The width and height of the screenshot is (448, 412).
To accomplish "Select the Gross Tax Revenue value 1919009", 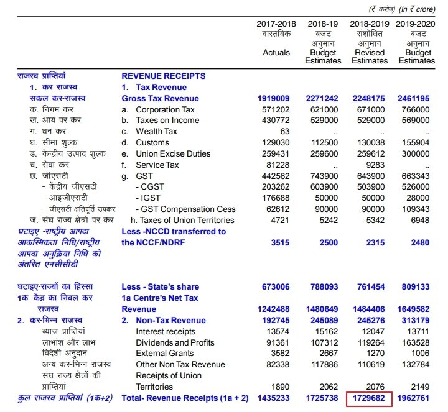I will click(x=274, y=99).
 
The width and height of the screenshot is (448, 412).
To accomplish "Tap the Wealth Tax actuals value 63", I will click(x=285, y=132).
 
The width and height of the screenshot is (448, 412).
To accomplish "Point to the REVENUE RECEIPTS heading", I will click(x=163, y=76).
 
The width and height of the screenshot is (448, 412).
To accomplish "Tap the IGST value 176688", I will click(x=275, y=198).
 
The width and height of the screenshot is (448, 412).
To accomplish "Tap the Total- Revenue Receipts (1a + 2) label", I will click(x=185, y=396).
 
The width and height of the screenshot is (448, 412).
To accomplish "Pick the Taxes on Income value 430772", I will click(x=275, y=121).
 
